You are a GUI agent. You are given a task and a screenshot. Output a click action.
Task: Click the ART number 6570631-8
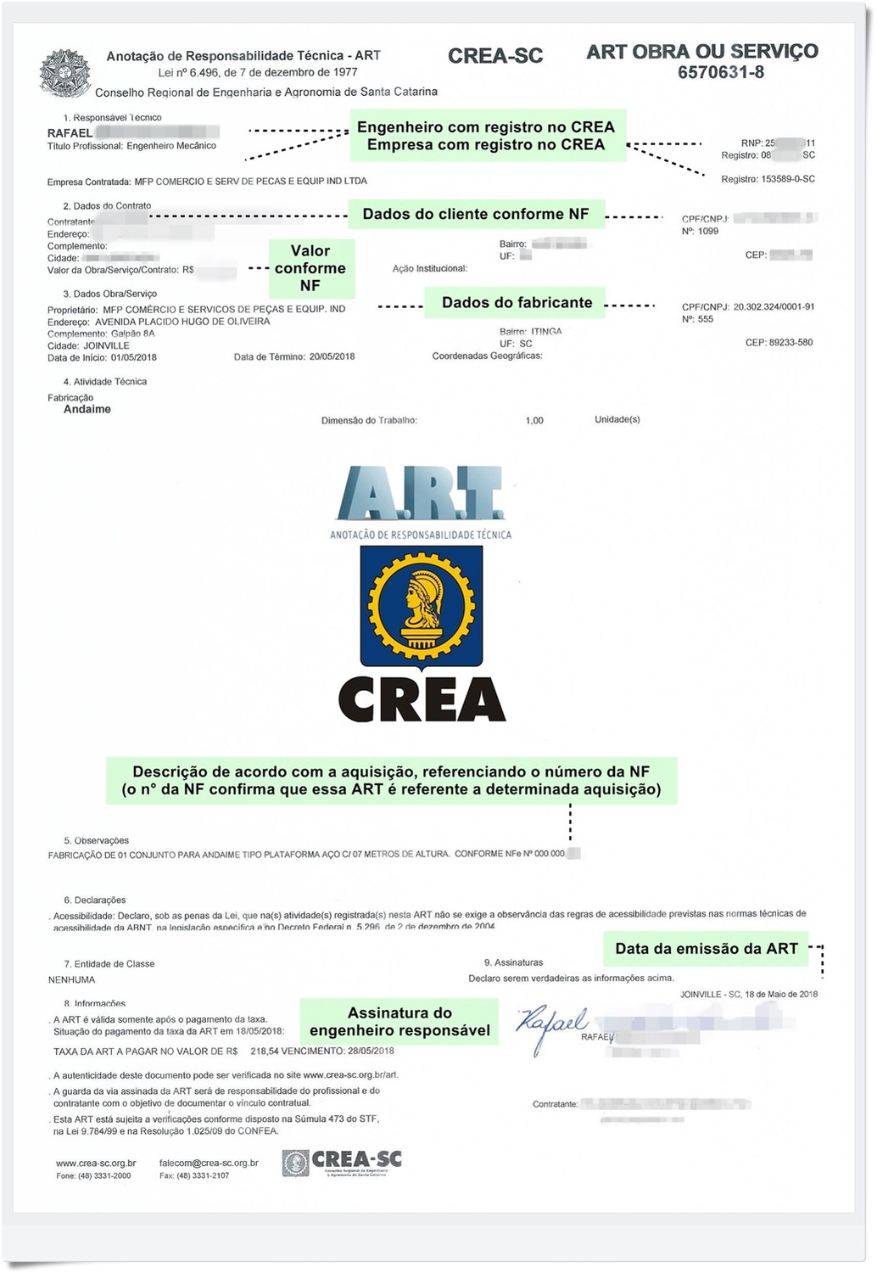point(720,73)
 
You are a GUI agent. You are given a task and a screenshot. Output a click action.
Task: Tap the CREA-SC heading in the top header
point(495,56)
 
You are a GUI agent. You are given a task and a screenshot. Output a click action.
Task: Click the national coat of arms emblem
point(64,73)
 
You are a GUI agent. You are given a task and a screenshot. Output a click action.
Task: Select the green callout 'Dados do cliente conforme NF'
point(475,214)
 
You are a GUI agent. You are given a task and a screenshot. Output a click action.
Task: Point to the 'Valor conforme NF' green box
point(310,268)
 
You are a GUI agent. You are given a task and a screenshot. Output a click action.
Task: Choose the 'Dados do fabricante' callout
point(517,303)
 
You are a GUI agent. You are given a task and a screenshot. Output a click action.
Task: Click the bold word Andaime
point(87,410)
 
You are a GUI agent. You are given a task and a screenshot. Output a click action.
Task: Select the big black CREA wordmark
point(422,699)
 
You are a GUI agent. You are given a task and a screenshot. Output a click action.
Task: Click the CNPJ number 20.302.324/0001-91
point(774,307)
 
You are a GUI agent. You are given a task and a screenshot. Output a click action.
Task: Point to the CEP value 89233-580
point(791,343)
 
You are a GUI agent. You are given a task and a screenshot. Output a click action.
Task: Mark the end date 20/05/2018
point(332,357)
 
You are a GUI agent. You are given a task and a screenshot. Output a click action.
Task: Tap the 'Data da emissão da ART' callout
point(706,949)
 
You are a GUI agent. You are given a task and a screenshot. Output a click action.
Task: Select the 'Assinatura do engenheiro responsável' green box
point(399,1022)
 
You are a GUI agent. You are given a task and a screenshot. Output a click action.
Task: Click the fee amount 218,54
point(265,1051)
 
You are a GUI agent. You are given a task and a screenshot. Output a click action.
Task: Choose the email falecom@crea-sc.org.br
point(209,1164)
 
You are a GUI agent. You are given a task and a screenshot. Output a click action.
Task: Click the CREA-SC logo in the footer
point(343,1163)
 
